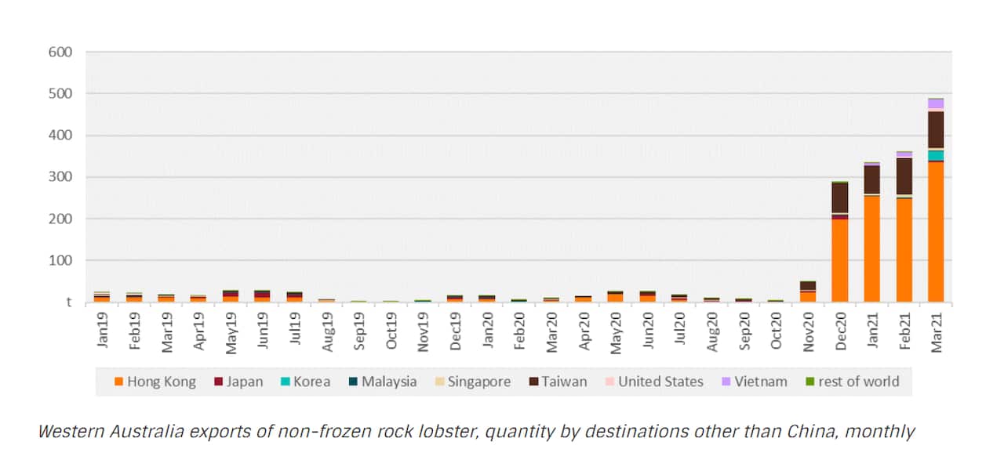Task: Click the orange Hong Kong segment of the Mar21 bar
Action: click(936, 231)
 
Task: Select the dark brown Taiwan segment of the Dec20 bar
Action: click(839, 198)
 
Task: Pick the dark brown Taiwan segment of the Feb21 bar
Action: click(904, 176)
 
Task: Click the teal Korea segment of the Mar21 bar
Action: click(936, 155)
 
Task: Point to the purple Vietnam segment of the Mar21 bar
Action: click(936, 103)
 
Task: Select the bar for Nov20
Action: click(807, 291)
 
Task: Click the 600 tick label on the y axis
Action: click(60, 52)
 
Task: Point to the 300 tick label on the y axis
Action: click(60, 177)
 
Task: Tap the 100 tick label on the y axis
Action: click(60, 260)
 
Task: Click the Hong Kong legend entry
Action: click(153, 382)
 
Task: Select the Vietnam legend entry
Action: click(754, 382)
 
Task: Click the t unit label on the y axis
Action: click(69, 302)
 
